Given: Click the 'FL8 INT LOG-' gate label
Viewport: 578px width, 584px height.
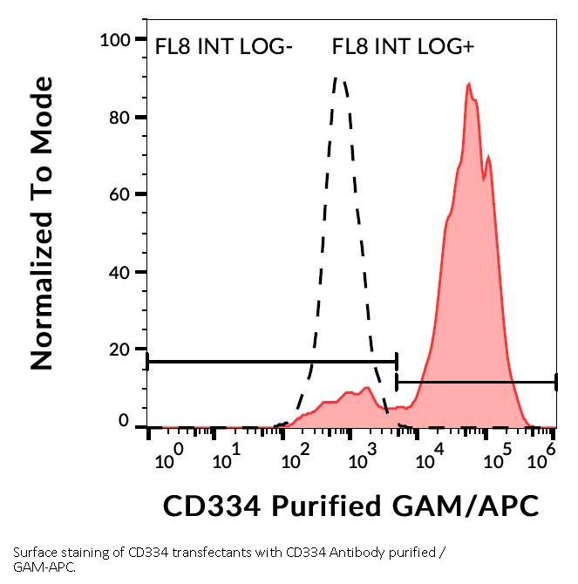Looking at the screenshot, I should coord(222,47).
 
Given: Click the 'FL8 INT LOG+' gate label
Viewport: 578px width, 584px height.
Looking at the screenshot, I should coord(403,47).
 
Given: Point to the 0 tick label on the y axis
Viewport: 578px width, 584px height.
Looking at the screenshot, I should coord(124,422).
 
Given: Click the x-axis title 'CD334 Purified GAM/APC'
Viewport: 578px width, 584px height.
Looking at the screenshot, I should coord(351,505).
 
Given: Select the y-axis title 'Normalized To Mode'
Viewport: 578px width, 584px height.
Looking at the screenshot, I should coord(42,223).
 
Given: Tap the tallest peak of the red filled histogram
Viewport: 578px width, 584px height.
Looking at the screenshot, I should coord(469,85).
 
